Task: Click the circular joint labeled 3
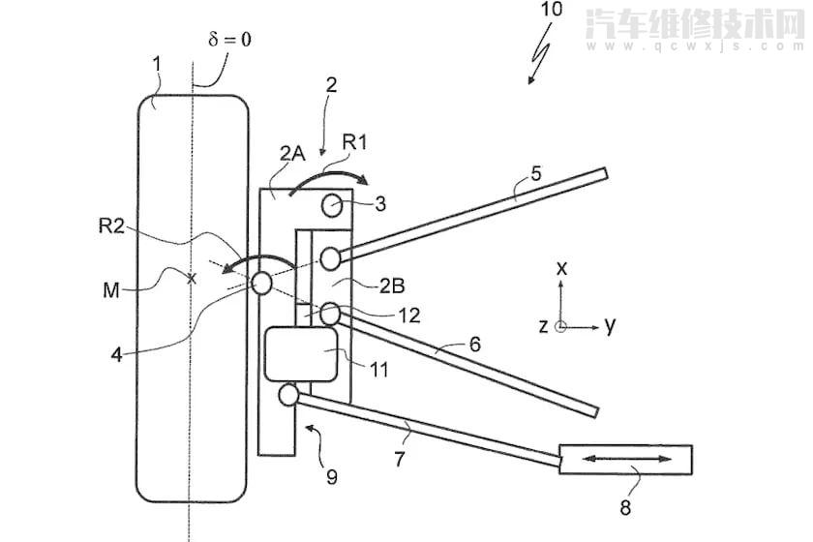[332, 205]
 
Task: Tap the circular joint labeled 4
[262, 284]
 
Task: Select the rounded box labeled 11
[301, 355]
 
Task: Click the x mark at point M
[192, 279]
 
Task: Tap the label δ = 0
[229, 39]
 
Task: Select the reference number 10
[551, 9]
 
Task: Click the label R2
[111, 226]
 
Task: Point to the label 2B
[392, 286]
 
